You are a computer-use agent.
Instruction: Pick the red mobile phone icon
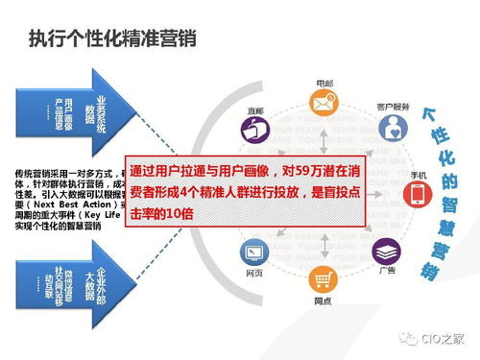(x=419, y=195)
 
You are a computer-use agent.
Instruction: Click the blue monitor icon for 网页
(x=254, y=254)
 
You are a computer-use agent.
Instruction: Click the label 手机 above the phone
(x=419, y=172)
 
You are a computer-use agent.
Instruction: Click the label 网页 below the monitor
(x=254, y=275)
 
